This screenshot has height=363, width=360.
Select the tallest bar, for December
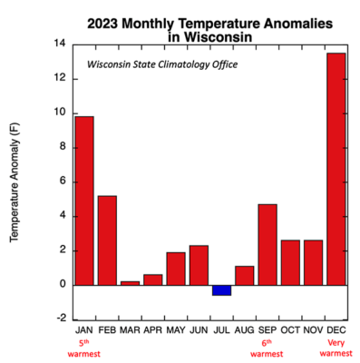tap(336, 168)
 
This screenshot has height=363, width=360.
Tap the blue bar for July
tap(221, 289)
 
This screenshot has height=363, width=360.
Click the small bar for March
tap(130, 282)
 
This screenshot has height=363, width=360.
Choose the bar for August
tap(244, 275)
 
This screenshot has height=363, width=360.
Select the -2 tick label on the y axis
tap(59, 319)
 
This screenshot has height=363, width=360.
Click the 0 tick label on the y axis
tap(62, 284)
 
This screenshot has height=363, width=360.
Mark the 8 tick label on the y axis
tap(62, 147)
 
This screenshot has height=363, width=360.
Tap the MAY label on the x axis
tap(175, 333)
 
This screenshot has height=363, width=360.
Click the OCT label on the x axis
tap(289, 333)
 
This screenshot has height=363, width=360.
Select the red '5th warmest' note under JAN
tap(83, 350)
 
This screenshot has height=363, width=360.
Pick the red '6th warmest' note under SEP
tap(267, 350)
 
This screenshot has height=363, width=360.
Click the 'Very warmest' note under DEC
tap(336, 350)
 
